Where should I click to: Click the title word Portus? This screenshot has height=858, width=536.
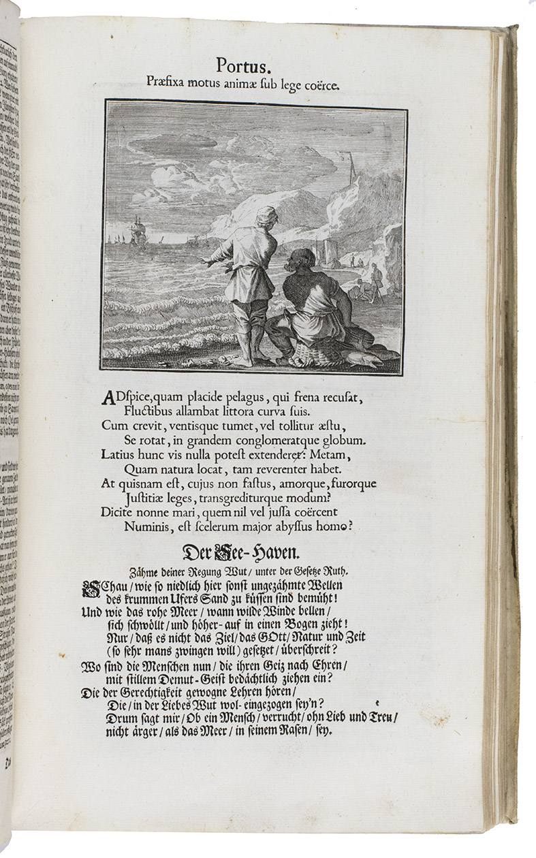[x=244, y=66]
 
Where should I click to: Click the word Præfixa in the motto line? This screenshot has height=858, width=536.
[x=169, y=82]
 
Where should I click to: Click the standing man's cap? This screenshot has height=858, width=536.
[x=266, y=212]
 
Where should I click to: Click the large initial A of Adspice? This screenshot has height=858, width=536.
[x=106, y=399]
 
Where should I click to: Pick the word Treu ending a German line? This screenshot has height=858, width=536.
[x=383, y=717]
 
